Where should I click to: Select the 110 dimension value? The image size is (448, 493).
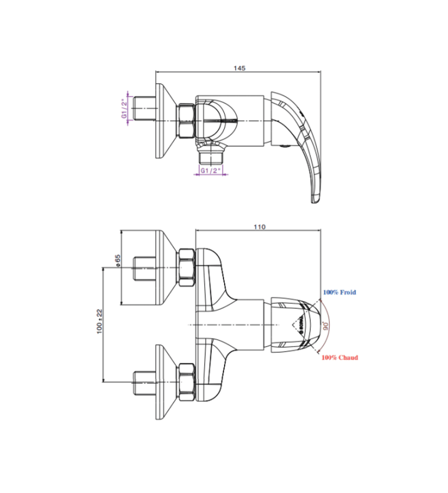pyautogui.click(x=259, y=227)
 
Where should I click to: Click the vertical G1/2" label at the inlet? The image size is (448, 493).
pyautogui.click(x=124, y=108)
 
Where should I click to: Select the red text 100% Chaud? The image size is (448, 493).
pyautogui.click(x=340, y=357)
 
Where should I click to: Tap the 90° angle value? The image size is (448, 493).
pyautogui.click(x=326, y=325)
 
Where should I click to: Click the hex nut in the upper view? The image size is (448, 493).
pyautogui.click(x=186, y=120)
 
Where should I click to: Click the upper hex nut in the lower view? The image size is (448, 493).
pyautogui.click(x=186, y=267)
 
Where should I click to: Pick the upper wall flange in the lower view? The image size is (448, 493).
pyautogui.click(x=162, y=267)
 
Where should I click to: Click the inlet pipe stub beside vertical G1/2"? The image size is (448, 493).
pyautogui.click(x=143, y=108)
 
